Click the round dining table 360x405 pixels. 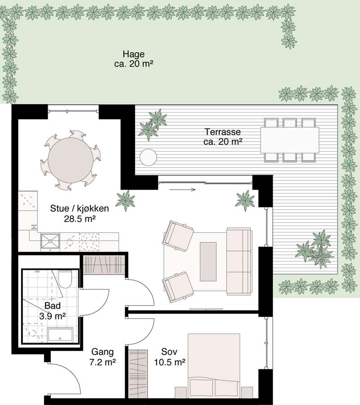pos(70,160)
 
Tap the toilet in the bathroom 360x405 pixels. pos(65,279)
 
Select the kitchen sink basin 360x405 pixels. pos(50,242)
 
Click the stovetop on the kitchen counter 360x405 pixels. pos(89,242)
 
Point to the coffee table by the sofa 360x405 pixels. pos(208,262)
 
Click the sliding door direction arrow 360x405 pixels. pos(182,190)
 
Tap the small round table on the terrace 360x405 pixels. pos(148,157)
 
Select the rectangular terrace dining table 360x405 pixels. pos(290,140)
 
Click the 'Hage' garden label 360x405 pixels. pos(134,54)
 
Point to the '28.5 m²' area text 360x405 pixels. pos(80,219)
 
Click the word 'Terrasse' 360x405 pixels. pos(223,132)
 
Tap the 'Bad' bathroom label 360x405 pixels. pos(53,306)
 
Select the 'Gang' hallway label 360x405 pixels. pos(103,352)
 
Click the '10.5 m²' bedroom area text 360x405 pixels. pos(170,362)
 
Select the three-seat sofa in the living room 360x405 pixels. pos(239,262)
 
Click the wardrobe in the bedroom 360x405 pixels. pos(138,374)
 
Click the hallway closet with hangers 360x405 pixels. pos(104,265)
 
